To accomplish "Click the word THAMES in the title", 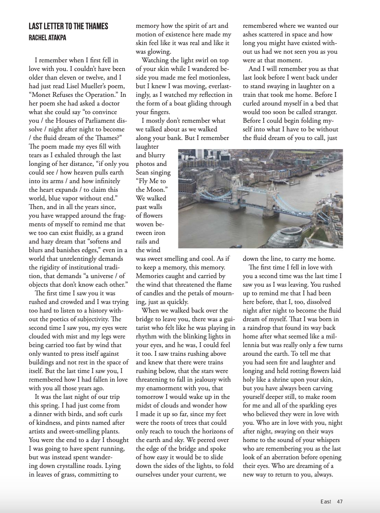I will click(94, 26).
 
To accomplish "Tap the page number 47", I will click(339, 501).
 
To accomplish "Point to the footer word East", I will click(326, 501).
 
